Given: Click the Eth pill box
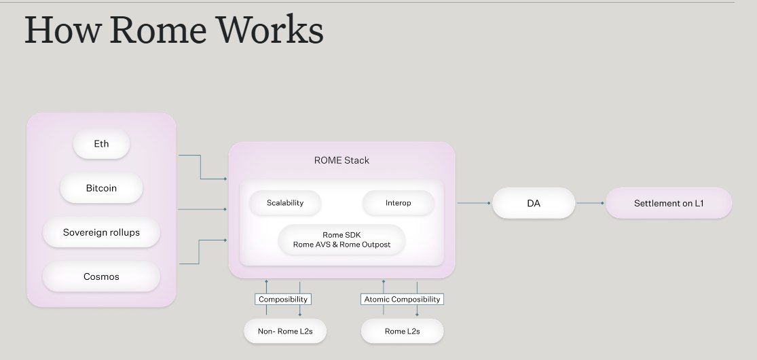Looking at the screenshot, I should pos(101,144).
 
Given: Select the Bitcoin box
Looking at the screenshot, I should pos(101,188).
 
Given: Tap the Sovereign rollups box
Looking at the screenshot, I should pos(101,232).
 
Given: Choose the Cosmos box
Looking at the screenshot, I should pos(101,276).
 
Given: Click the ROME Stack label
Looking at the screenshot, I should pos(341,161).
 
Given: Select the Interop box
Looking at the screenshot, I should pos(398,202).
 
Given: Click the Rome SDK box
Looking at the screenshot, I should pos(341,239).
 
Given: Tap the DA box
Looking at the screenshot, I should pos(534,203).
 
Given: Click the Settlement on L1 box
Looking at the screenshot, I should pos(668,203).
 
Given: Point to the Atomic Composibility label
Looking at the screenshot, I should pos(402,299).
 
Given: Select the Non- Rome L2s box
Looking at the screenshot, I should pos(285,331).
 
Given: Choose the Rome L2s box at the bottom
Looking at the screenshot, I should pos(402,331).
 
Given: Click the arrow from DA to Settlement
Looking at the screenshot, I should pos(589,203).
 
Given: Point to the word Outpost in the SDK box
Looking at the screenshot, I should pos(375,245).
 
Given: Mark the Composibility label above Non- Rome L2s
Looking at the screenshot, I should pos(283,299).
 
